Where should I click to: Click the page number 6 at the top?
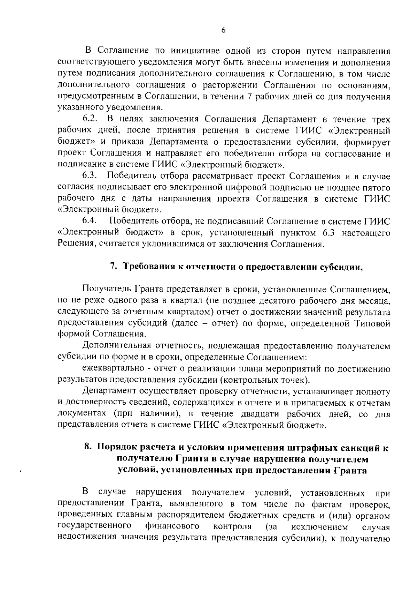pyautogui.click(x=223, y=30)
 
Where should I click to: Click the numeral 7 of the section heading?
pyautogui.click(x=113, y=267)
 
